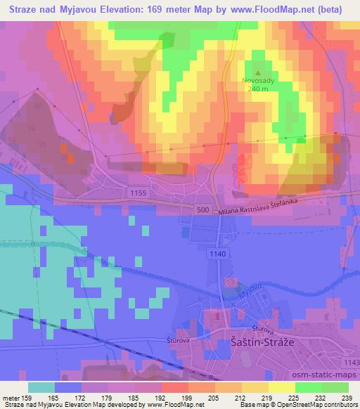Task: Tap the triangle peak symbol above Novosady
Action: click(x=258, y=72)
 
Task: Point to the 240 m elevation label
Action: click(x=258, y=90)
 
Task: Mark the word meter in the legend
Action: click(x=12, y=398)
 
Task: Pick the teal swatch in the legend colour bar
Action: click(x=42, y=387)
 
